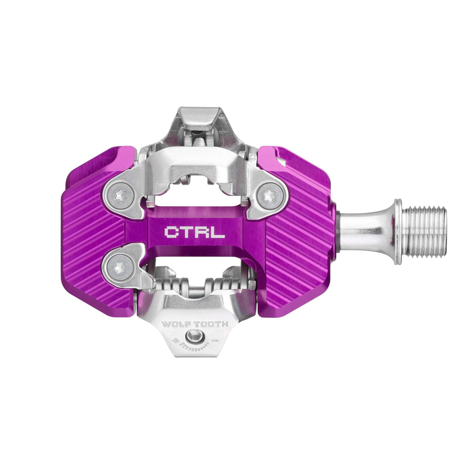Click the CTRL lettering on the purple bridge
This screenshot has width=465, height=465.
[195, 232]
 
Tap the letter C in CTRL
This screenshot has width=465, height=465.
[170, 232]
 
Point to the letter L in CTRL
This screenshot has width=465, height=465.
[219, 232]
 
